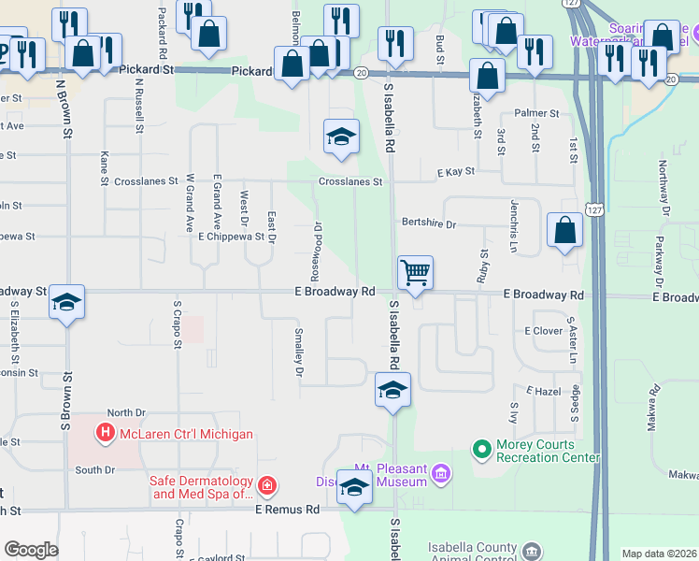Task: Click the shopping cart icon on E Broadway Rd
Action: click(416, 273)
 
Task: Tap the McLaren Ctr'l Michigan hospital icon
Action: click(105, 434)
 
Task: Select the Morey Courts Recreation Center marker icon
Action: click(482, 451)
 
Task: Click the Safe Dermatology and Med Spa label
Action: click(200, 487)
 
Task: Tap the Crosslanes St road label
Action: click(350, 182)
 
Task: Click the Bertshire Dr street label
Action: click(428, 224)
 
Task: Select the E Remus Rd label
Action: click(287, 510)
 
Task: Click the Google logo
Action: click(30, 550)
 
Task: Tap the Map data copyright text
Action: click(660, 554)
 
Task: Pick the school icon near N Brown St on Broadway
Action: click(66, 302)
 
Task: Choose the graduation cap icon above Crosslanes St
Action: click(341, 137)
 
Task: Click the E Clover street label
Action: click(543, 331)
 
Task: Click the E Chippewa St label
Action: click(231, 237)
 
